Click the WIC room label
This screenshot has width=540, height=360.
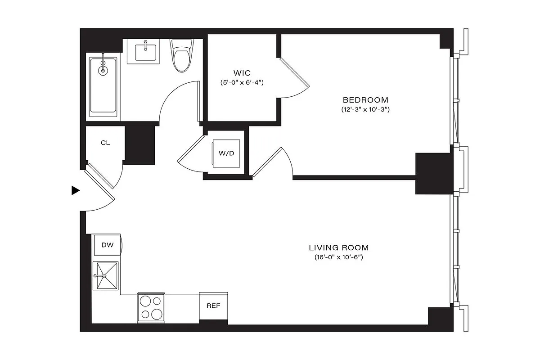(x=242, y=73)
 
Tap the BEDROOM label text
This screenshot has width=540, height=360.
(x=365, y=100)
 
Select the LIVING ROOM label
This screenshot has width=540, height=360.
(x=338, y=247)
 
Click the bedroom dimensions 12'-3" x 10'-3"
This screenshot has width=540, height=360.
(x=365, y=110)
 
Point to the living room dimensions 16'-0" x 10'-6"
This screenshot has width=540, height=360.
(x=338, y=257)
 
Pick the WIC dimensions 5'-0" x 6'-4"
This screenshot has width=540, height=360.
(x=242, y=83)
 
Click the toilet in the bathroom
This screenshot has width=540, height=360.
(x=182, y=57)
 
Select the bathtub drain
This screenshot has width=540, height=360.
(x=103, y=70)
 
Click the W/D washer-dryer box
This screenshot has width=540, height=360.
(x=226, y=153)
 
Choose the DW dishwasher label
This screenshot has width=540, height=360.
(x=107, y=245)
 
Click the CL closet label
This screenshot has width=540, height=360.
(x=105, y=143)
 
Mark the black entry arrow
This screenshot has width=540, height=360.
(x=75, y=191)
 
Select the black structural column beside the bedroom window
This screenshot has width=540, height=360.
(x=433, y=173)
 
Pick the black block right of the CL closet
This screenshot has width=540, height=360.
(x=139, y=145)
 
